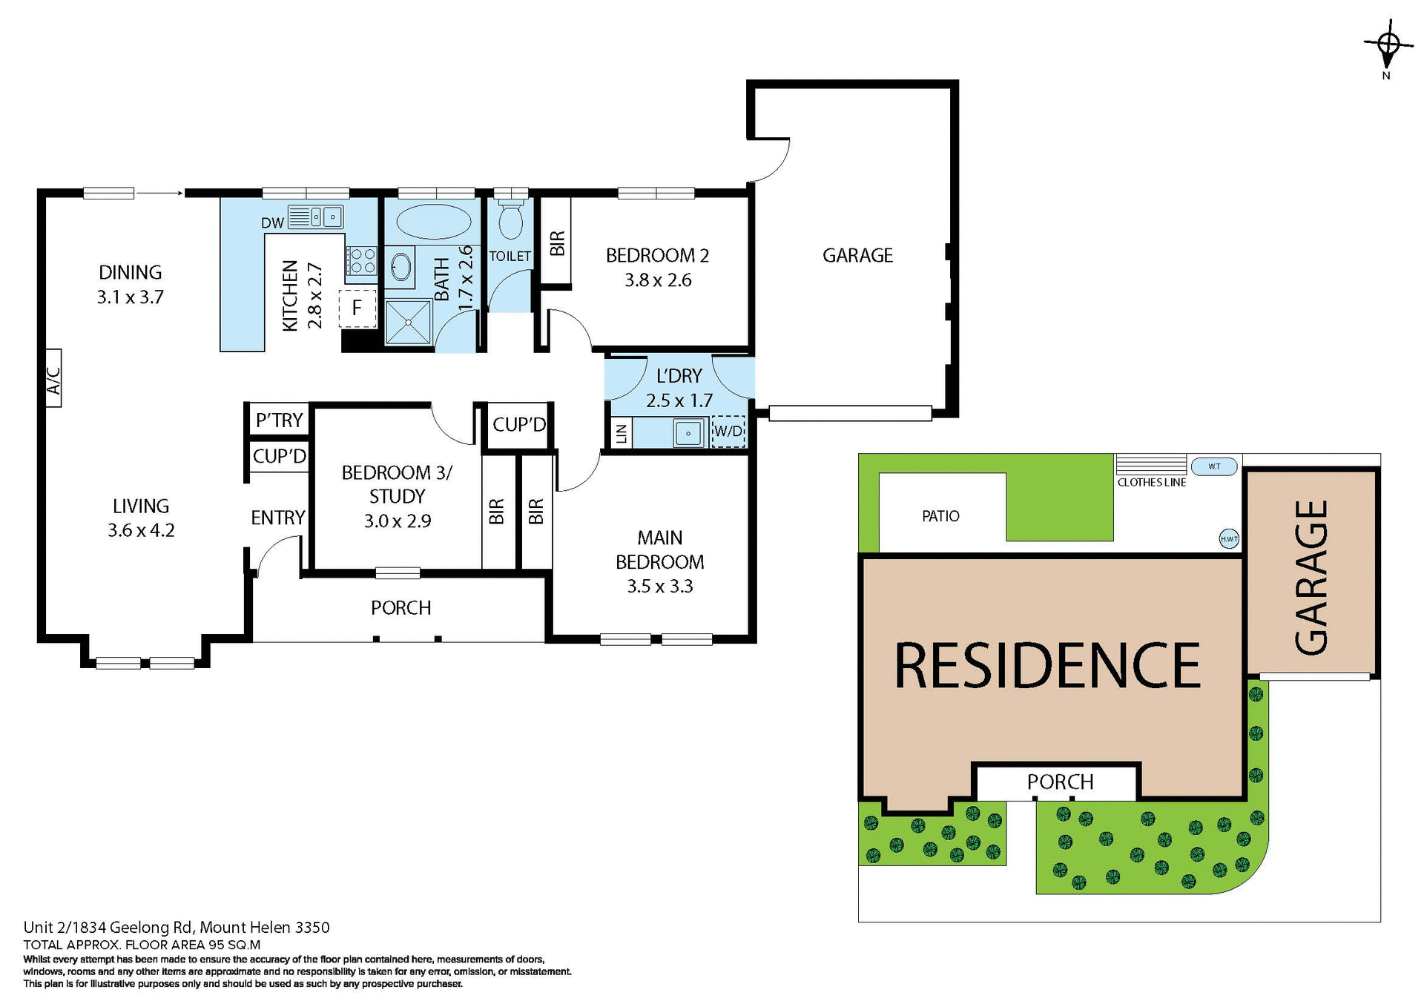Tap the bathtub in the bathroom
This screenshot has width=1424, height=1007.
pyautogui.click(x=433, y=221)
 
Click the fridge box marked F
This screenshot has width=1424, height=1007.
pyautogui.click(x=357, y=308)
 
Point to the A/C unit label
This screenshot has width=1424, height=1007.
pyautogui.click(x=53, y=378)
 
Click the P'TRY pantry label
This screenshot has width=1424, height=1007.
pyautogui.click(x=279, y=420)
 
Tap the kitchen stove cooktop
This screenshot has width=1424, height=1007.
pyautogui.click(x=362, y=260)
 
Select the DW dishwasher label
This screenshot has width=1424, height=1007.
pyautogui.click(x=272, y=222)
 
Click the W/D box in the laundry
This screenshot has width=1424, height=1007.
pyautogui.click(x=728, y=431)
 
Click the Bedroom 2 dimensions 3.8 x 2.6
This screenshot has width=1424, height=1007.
pyautogui.click(x=658, y=280)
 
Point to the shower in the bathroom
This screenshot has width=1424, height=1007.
pyautogui.click(x=408, y=322)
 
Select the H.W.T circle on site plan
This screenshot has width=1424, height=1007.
pyautogui.click(x=1229, y=539)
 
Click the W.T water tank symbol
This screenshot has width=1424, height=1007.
pyautogui.click(x=1214, y=466)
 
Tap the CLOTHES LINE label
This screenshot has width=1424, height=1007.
pyautogui.click(x=1151, y=483)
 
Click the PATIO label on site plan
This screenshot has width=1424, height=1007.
pyautogui.click(x=940, y=516)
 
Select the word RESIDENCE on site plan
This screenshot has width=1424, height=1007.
pyautogui.click(x=1046, y=665)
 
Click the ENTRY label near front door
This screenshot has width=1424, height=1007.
pyautogui.click(x=277, y=518)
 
